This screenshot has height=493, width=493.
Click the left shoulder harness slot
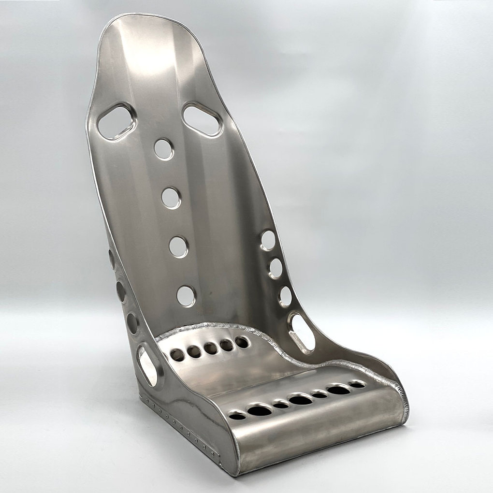point(116,122)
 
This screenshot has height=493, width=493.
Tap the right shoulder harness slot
point(202,119)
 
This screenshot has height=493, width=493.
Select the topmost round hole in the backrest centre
point(163,149)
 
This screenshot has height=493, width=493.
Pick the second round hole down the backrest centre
point(171,198)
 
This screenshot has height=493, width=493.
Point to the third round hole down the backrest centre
point(178,246)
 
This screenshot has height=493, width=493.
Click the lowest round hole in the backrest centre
point(186,296)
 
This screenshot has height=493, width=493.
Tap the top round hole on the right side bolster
point(268,240)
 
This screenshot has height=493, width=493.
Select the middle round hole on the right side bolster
point(275,268)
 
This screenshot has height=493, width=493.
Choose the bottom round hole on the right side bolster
point(285,296)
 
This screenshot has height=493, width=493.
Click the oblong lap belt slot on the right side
point(303,333)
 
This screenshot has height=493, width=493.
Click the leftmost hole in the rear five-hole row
point(177,355)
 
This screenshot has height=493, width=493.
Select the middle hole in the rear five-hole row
point(210,348)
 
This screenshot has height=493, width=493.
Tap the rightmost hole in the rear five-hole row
point(242,342)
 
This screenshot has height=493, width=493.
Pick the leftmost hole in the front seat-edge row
point(237,416)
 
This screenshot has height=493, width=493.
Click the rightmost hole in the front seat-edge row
point(357,385)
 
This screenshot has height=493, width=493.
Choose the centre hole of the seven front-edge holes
point(300,400)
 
